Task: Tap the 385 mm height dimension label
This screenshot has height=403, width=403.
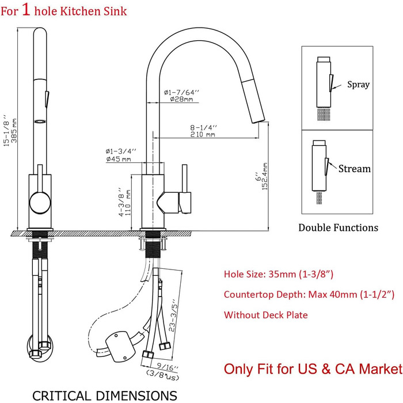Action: pyautogui.click(x=14, y=131)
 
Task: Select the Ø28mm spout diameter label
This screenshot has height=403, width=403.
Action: pyautogui.click(x=181, y=99)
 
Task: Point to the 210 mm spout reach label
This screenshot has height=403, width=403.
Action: pyautogui.click(x=203, y=134)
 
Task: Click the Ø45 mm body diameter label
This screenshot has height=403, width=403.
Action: pyautogui.click(x=119, y=159)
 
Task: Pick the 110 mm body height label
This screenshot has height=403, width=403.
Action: pyautogui.click(x=128, y=203)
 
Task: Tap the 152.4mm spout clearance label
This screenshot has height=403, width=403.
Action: pyautogui.click(x=265, y=176)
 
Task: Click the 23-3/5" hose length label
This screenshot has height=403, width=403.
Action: pyautogui.click(x=173, y=315)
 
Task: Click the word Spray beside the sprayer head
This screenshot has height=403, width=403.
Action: pyautogui.click(x=358, y=84)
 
